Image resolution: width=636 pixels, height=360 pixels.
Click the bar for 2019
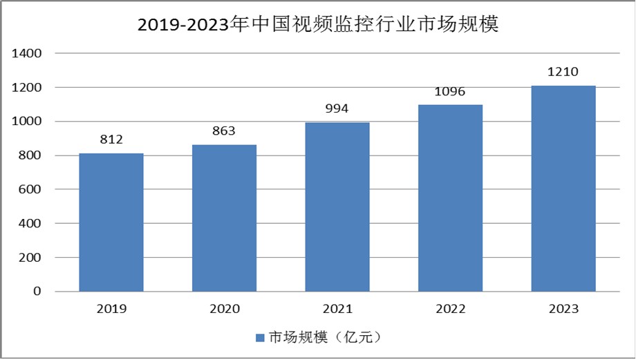pos(111,222)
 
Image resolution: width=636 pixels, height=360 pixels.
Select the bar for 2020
pos(224,218)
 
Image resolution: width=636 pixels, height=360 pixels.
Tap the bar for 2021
pos(337,207)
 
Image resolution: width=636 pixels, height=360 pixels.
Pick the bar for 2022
pos(450,198)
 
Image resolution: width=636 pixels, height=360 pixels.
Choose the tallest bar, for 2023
pos(563,189)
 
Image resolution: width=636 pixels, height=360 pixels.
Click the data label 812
pos(111,140)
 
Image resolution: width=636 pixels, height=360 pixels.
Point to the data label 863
pos(224,131)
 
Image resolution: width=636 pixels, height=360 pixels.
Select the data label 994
pos(337,108)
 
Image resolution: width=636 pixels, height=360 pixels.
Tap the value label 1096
pos(450,91)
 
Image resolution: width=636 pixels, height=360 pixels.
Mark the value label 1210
pos(563,72)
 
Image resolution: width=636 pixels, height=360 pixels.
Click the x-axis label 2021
pos(337,310)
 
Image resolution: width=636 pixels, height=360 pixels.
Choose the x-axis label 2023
pos(563,310)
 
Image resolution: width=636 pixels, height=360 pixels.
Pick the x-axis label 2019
pos(111,310)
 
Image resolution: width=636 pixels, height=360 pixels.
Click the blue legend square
pos(260,338)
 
